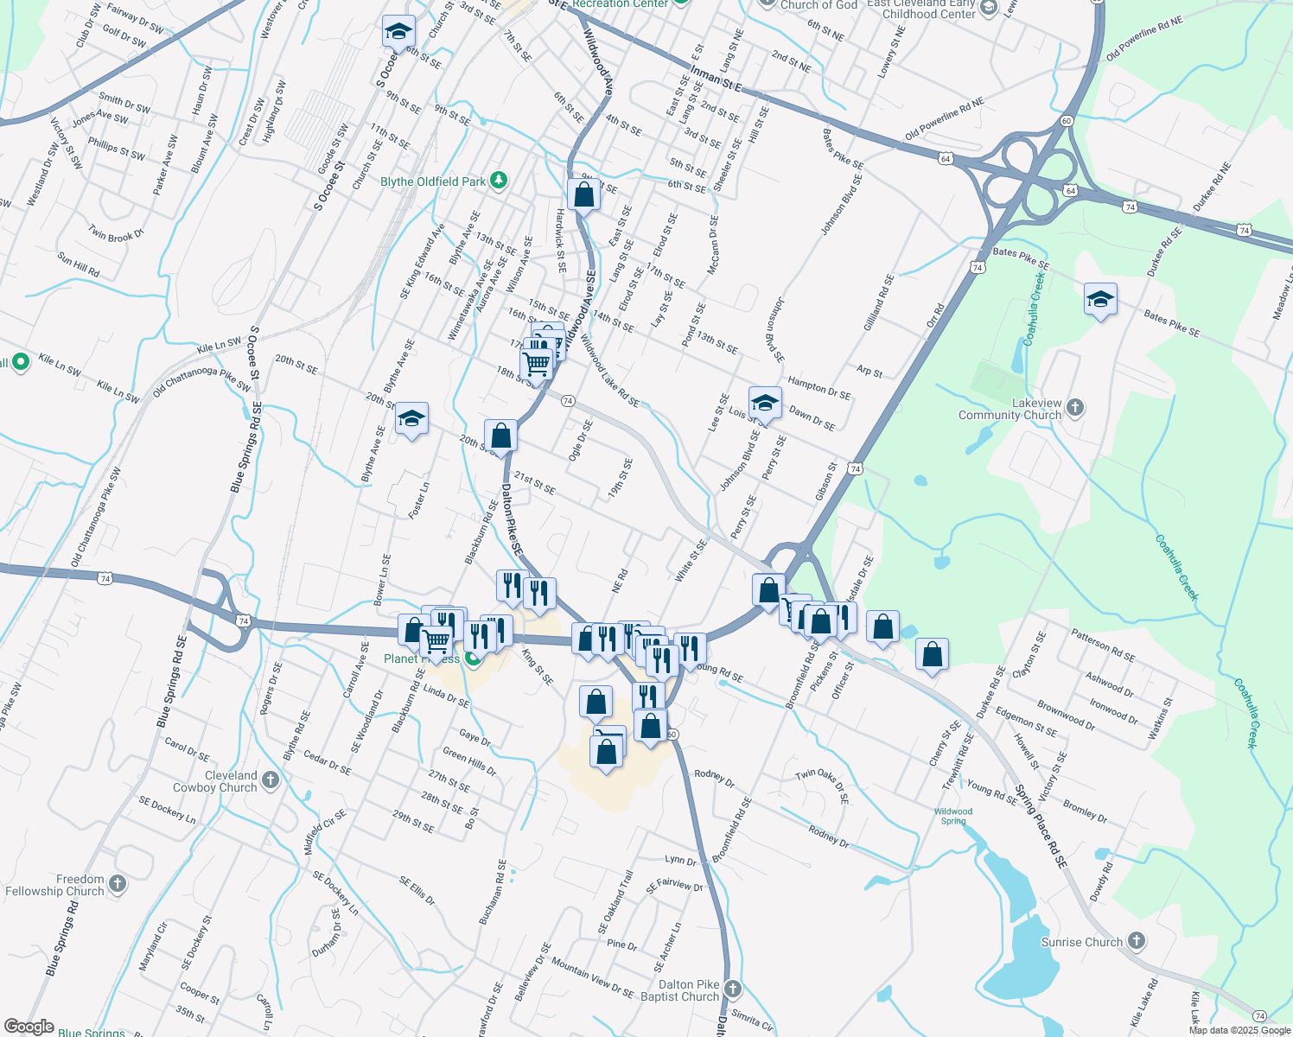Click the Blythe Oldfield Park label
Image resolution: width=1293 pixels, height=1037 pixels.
pos(433,181)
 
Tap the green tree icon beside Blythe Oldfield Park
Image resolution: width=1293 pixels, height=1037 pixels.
pos(498,181)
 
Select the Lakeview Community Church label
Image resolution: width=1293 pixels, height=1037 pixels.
pos(1010,410)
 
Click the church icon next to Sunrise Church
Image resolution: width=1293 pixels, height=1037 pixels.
pos(1137,941)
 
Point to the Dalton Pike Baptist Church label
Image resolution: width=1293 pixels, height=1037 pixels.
pos(679,990)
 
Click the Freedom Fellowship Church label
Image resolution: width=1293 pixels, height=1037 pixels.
pos(54,885)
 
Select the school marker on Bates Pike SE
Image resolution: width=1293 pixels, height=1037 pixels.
pos(1099,300)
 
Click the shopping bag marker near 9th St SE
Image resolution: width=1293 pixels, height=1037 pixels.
pos(584,194)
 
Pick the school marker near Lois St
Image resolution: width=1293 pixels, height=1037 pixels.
pos(765,403)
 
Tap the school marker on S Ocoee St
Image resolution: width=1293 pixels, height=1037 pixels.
pos(398,31)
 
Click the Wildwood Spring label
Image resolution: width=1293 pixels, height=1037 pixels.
pos(953,816)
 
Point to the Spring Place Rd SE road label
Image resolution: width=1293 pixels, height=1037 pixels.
pos(1041,826)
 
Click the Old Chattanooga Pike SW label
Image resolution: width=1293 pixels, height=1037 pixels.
pos(96,518)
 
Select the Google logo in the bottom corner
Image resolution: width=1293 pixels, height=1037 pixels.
pos(29,1027)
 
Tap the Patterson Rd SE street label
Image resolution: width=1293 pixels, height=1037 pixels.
pos(1102,646)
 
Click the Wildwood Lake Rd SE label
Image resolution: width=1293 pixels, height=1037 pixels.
pos(609,372)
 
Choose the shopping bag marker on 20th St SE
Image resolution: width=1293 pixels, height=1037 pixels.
pos(500,436)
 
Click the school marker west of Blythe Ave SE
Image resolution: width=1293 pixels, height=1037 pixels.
pos(411,420)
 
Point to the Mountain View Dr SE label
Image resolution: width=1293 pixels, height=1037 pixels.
pos(592,977)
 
